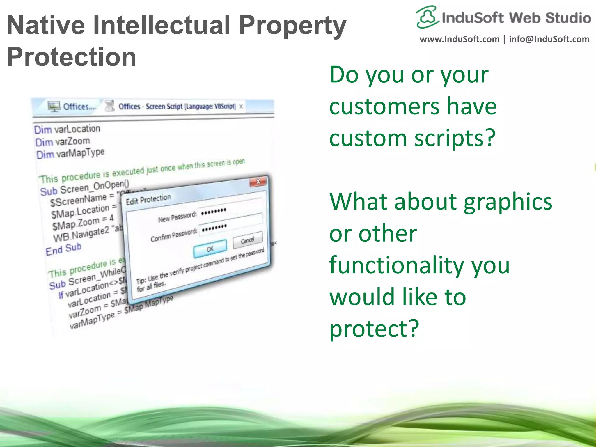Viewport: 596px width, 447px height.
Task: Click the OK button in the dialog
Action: pos(210,249)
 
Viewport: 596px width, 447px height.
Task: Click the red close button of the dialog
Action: pos(258,182)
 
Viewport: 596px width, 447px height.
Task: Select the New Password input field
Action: pos(230,208)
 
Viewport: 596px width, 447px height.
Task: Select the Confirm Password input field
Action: pos(230,224)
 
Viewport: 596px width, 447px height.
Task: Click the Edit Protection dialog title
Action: pos(148,199)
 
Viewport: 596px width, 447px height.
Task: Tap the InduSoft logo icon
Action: pos(427,17)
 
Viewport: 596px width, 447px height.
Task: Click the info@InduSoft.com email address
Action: pos(549,39)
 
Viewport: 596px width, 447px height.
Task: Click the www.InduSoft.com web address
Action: pos(459,39)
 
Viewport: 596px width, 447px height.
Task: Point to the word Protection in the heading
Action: pos(71,57)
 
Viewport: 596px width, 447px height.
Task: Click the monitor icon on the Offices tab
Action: pos(54,107)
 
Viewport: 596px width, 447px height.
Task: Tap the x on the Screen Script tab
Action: pos(241,107)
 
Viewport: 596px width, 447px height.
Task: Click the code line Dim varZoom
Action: pos(63,142)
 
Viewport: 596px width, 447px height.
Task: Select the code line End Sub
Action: pos(63,249)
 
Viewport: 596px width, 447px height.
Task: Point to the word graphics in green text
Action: pos(508,201)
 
